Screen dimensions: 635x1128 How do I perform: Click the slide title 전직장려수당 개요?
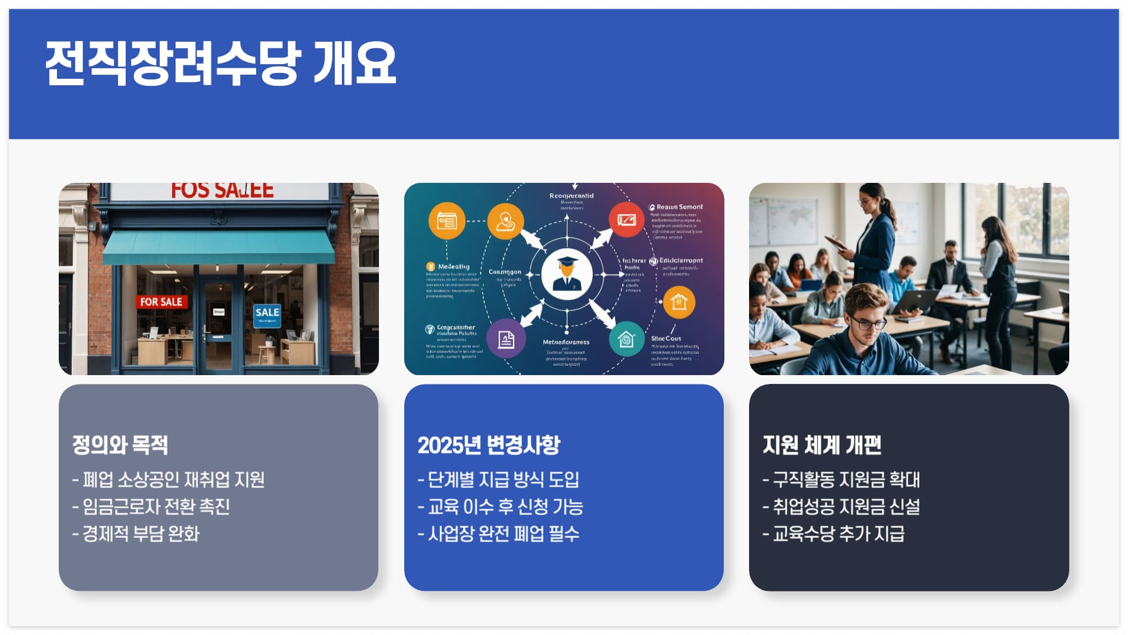pos(221,63)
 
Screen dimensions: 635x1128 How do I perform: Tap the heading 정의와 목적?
pos(120,445)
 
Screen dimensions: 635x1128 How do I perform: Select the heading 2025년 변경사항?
pos(489,445)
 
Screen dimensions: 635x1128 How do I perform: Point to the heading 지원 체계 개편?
pos(822,445)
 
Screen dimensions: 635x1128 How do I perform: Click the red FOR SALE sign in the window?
pos(161,302)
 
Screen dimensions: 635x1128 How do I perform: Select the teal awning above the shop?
pos(219,247)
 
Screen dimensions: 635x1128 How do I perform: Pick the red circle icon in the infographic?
pos(626,220)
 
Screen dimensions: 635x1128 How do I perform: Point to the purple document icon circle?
pos(506,339)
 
